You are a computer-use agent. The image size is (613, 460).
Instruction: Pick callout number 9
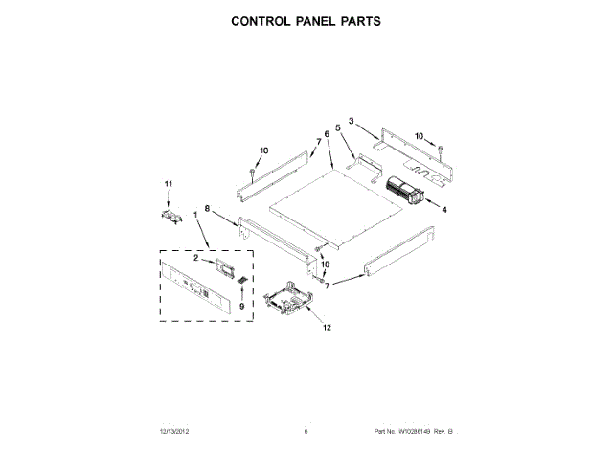(241, 305)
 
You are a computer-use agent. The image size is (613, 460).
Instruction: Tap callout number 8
(207, 222)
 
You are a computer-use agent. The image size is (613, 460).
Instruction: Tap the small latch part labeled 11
(170, 217)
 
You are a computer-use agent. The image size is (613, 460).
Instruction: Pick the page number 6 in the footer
(306, 433)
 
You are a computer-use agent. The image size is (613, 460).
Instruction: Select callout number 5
(338, 127)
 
